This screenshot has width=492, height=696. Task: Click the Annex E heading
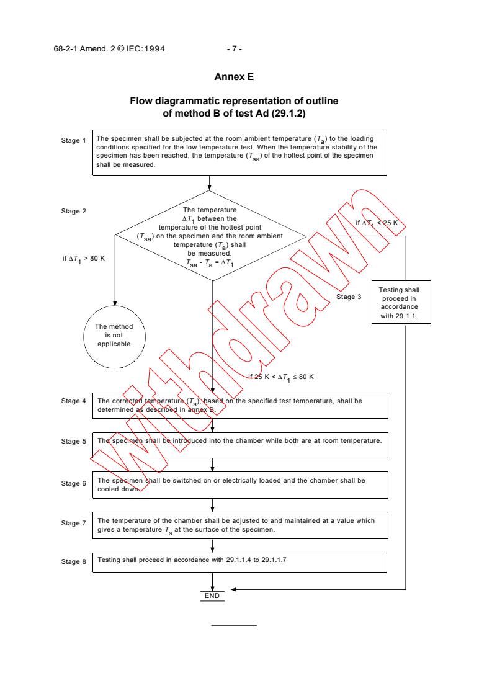coord(234,77)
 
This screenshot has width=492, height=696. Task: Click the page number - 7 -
coord(234,48)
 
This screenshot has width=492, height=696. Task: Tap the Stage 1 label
coord(74,140)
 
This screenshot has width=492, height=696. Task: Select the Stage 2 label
coord(74,211)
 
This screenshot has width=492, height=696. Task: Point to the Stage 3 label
coord(349,297)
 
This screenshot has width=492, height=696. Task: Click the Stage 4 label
coord(74,401)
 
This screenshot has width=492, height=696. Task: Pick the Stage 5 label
coord(74,441)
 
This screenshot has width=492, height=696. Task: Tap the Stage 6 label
coord(74,483)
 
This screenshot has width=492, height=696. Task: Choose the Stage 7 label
coord(74,523)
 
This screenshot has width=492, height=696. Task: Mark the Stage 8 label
coord(74,561)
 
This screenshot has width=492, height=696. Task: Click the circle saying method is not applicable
coord(114,335)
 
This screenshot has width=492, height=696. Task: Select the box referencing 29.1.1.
coord(400,303)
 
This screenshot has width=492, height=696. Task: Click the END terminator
coord(212,596)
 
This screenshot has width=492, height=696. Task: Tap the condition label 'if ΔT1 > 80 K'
coord(84,258)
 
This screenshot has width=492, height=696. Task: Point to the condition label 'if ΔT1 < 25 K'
coord(377,223)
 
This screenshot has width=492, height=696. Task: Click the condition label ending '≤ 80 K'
coord(281,377)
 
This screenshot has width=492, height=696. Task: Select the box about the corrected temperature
coord(239,405)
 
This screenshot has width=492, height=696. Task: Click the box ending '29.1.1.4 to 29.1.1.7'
coord(239,562)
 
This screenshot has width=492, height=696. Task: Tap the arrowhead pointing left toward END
coord(233,589)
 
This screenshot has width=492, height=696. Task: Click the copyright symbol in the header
coord(122,48)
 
